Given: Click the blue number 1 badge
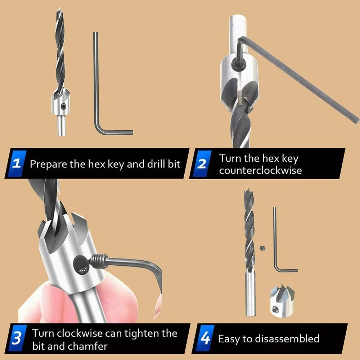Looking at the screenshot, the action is point(17,163).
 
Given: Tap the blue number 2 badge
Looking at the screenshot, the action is point(202,163).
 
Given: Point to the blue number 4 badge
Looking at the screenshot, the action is point(205,338).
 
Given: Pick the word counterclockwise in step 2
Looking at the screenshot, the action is point(260,171).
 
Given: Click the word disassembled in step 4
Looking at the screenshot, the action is point(287,339).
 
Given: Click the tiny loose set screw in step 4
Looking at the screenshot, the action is point(263,248).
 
